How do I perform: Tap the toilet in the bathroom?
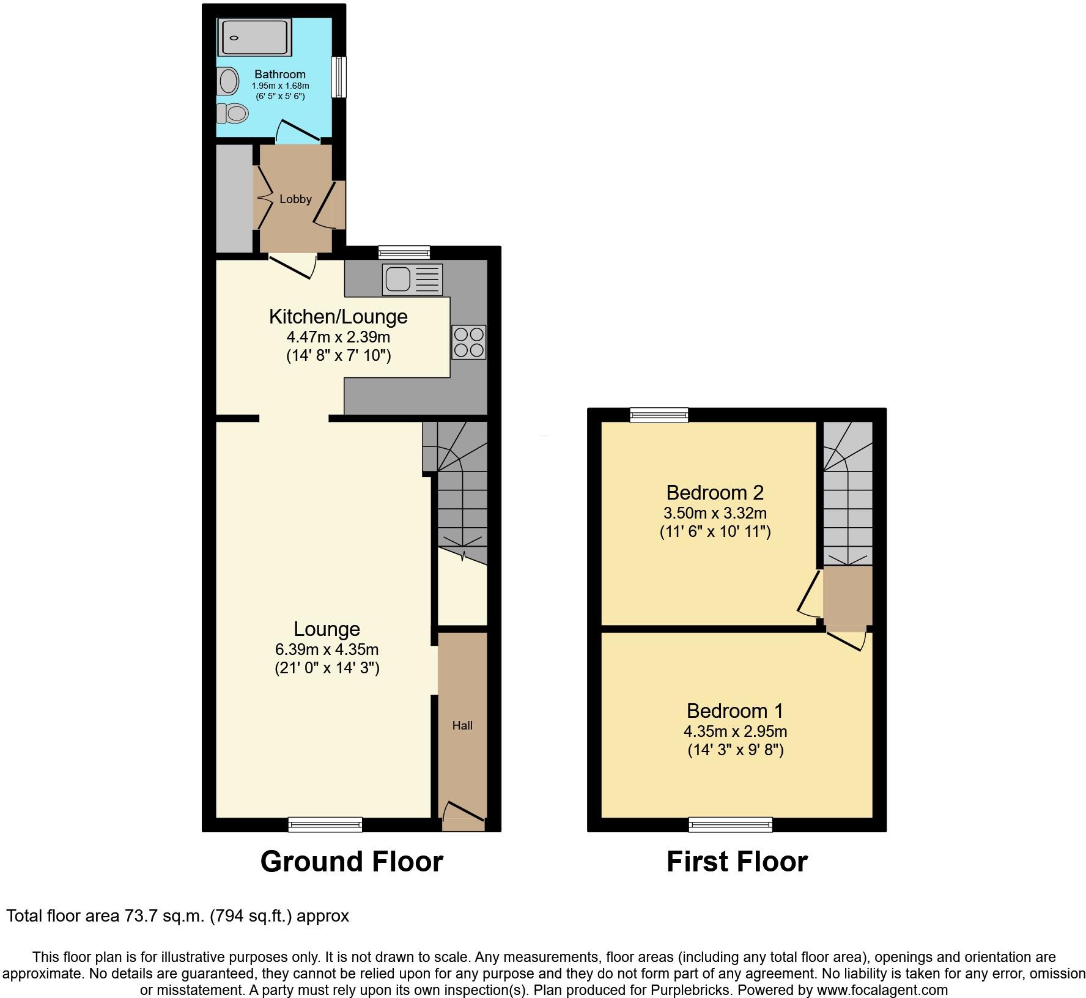click(x=232, y=113)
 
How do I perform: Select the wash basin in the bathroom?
click(x=229, y=81)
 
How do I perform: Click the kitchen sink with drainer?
click(x=412, y=279)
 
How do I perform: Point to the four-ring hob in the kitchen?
click(x=468, y=342)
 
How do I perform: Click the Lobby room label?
click(x=295, y=199)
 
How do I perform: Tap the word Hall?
click(x=462, y=726)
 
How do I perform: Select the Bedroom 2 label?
click(x=715, y=492)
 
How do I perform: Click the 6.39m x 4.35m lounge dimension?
click(x=327, y=649)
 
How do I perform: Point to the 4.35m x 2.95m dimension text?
click(x=735, y=731)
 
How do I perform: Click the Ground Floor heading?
click(x=352, y=862)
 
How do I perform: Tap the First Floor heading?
click(x=737, y=862)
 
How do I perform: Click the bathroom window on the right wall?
click(x=338, y=77)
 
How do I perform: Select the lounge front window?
click(x=325, y=825)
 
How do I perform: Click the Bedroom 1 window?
click(x=730, y=825)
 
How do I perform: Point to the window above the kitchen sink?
click(x=404, y=252)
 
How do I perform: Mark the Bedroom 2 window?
click(x=659, y=415)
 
